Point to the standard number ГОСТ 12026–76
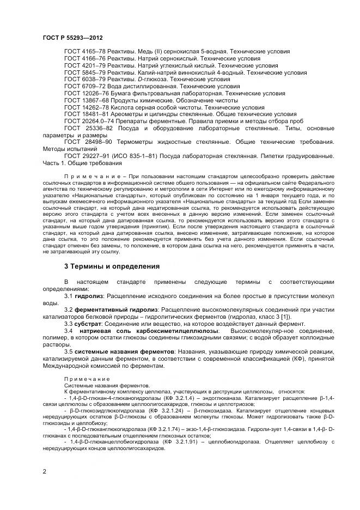coord(86,93)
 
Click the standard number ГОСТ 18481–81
coord(86,114)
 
